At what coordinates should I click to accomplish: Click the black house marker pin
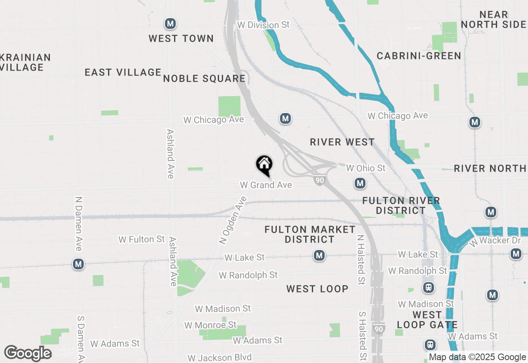[264, 165]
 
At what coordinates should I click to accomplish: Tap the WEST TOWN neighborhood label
[181, 39]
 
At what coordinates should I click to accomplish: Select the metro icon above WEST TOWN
[170, 24]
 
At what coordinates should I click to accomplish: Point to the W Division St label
[263, 25]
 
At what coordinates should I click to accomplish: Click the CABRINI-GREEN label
[419, 56]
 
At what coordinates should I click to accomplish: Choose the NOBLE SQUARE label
[204, 78]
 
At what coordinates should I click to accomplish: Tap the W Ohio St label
[365, 168]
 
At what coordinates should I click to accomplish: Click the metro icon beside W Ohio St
[360, 183]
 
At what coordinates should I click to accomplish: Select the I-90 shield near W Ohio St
[319, 180]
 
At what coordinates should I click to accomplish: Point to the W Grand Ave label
[266, 185]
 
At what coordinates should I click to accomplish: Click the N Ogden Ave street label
[233, 220]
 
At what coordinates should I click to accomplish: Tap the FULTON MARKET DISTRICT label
[310, 234]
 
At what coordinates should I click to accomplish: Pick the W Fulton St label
[141, 239]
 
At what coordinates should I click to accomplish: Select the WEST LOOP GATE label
[427, 320]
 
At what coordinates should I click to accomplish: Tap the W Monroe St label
[210, 325]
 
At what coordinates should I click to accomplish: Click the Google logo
[28, 354]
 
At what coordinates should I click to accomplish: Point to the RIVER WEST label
[342, 142]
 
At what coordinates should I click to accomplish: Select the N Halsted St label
[361, 260]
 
